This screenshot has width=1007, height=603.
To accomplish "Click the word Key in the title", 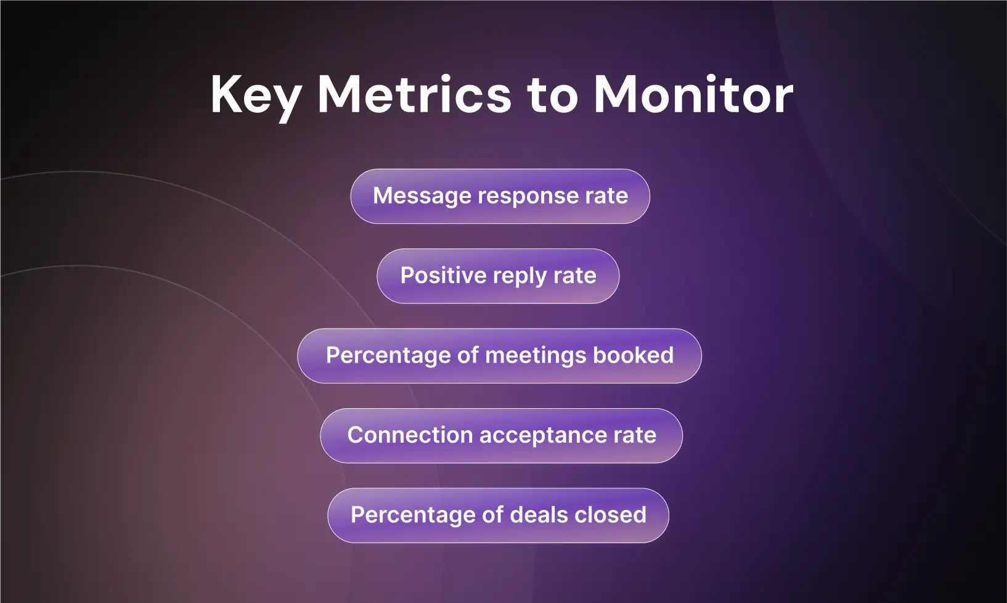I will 255,96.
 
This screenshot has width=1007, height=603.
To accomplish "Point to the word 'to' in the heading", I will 553,96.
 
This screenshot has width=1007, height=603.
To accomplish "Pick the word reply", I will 520,276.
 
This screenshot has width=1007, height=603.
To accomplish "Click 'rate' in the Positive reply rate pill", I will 575,276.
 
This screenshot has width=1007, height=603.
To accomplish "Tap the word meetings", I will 536,356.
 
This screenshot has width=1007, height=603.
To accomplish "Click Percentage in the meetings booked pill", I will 388,356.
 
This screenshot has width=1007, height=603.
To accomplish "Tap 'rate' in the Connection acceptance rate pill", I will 635,435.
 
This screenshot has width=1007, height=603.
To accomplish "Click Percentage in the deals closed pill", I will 413,515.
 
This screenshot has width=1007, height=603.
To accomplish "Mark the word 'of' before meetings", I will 468,355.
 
